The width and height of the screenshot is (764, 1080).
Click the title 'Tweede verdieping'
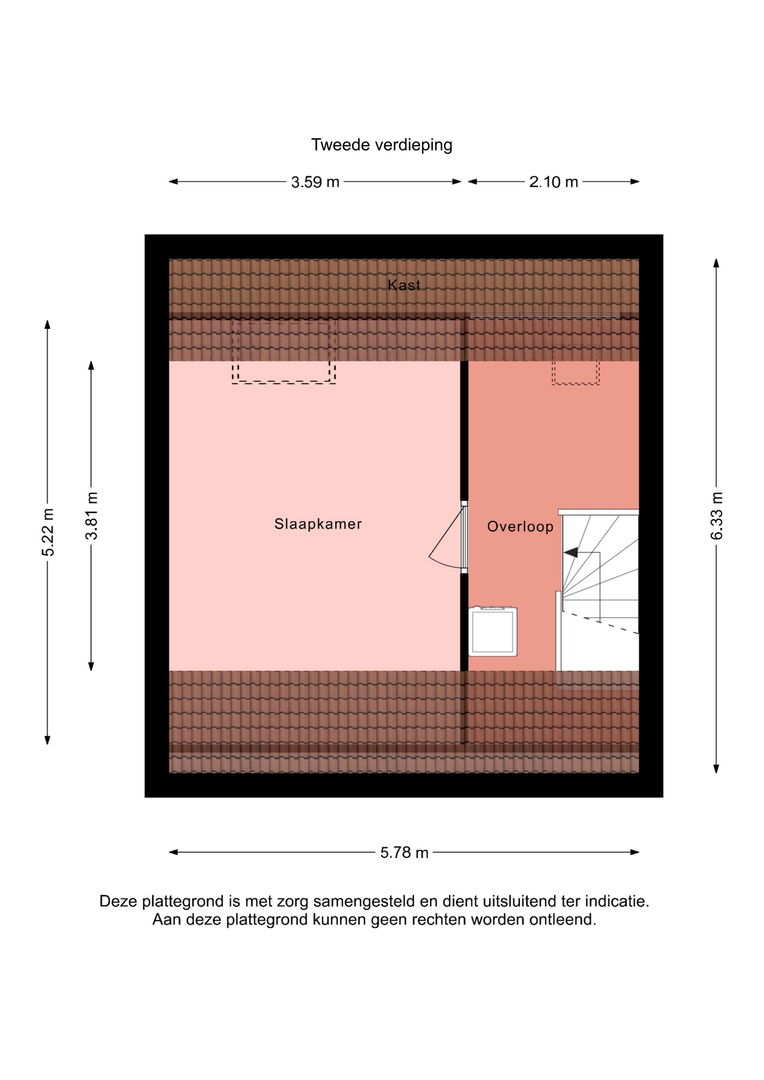point(381,145)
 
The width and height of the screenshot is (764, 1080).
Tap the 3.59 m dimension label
point(315,182)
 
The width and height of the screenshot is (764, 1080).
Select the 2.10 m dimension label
point(554,182)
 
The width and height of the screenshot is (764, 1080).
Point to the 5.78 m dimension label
point(404,853)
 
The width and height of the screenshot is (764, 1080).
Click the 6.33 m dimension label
point(716,516)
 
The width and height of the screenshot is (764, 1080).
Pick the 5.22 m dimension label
point(48,532)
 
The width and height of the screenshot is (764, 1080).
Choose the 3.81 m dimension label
point(91,516)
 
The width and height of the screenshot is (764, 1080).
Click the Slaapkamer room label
point(318,524)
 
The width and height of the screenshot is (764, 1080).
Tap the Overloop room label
point(520,526)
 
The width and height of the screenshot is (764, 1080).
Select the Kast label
point(404,285)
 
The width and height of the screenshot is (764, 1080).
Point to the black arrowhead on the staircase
point(570,553)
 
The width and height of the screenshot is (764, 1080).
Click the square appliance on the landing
point(493,631)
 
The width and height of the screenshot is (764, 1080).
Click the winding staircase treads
point(600,591)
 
